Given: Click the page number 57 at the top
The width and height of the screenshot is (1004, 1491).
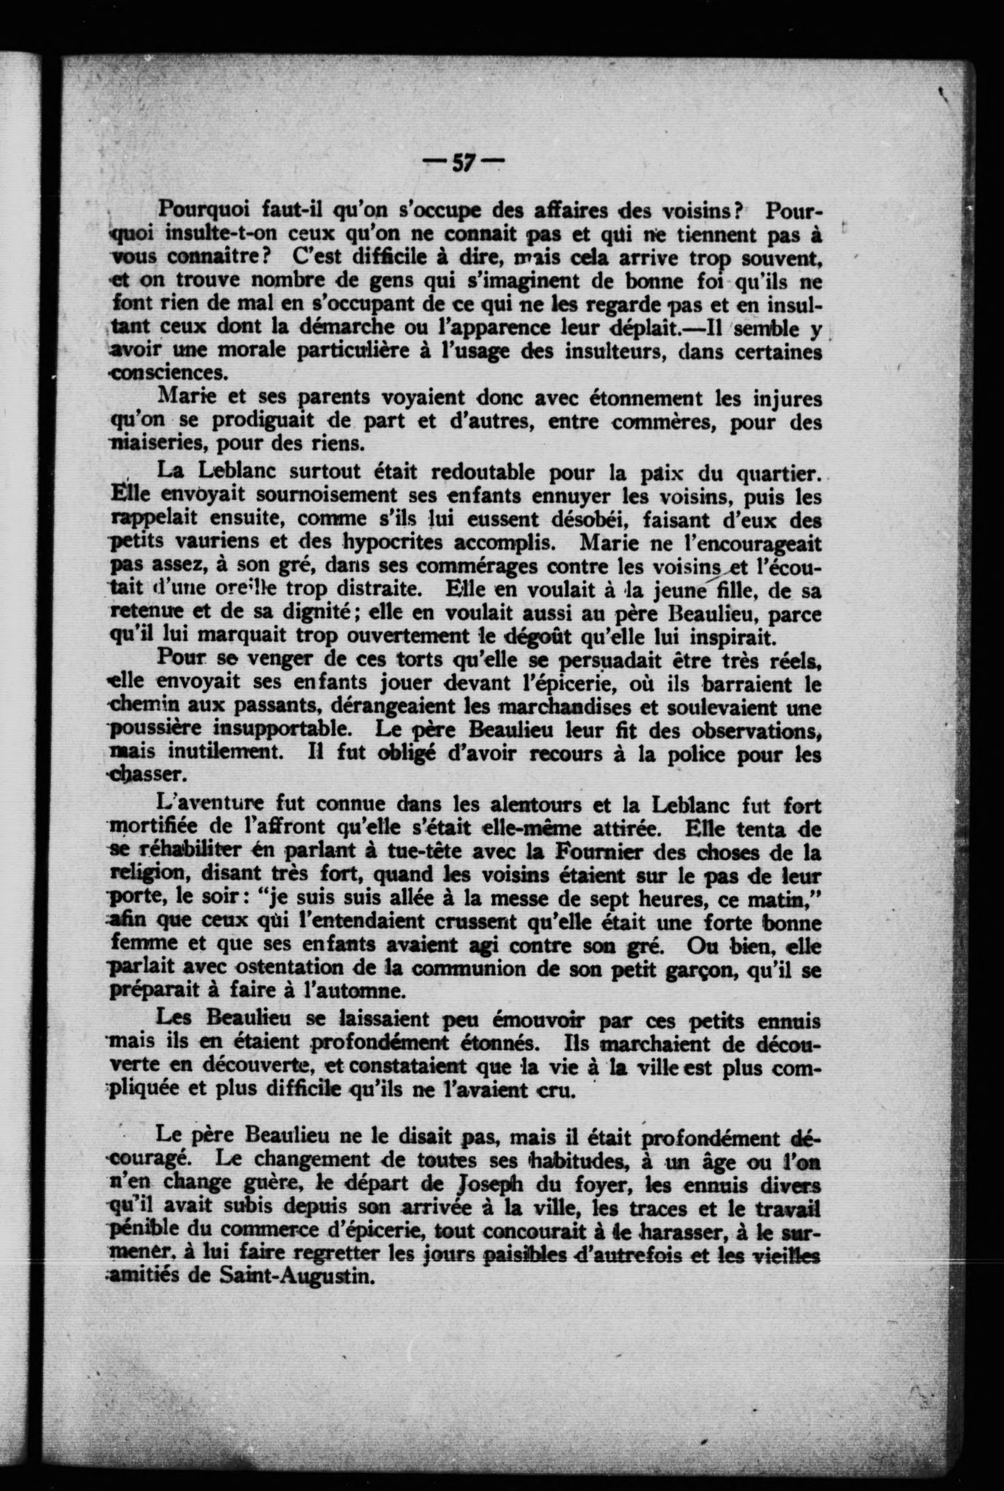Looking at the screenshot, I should [x=462, y=163].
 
